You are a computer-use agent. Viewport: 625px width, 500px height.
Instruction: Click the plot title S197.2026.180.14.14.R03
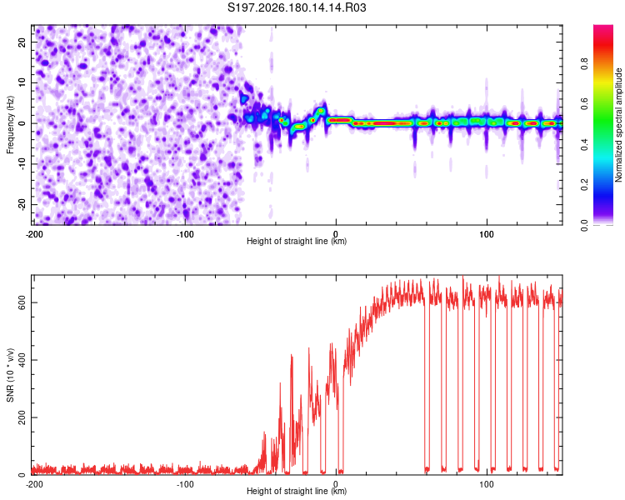297,7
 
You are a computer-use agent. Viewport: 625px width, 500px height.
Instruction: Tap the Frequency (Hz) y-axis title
10,125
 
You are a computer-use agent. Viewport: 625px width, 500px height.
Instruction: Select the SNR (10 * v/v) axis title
10,375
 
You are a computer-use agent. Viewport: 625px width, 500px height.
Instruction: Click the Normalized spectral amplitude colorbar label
618,125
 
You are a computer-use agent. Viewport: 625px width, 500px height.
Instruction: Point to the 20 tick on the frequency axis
22,42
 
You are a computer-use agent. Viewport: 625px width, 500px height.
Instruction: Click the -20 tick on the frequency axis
22,204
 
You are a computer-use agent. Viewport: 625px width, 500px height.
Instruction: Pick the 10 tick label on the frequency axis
22,82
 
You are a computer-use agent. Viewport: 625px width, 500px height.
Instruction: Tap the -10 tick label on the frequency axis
22,164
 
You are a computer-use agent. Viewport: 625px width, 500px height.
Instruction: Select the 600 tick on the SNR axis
22,302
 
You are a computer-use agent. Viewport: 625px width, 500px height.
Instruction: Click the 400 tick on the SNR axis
22,360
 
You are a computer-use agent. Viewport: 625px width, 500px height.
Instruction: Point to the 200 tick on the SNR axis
22,417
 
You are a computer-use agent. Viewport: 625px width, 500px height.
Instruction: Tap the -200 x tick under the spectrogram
35,234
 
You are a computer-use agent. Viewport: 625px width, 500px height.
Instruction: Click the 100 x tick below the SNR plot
487,484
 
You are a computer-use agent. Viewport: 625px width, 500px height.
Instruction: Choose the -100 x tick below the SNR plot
185,484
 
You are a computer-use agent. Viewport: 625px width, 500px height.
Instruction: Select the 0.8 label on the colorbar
584,64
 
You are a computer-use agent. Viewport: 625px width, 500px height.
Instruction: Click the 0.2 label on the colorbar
584,185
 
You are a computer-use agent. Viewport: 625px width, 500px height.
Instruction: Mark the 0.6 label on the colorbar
584,104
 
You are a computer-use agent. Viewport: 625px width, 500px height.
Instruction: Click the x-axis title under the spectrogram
297,241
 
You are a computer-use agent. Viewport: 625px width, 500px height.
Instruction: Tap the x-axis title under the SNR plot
297,491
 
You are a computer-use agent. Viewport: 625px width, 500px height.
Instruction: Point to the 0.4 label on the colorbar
584,144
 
